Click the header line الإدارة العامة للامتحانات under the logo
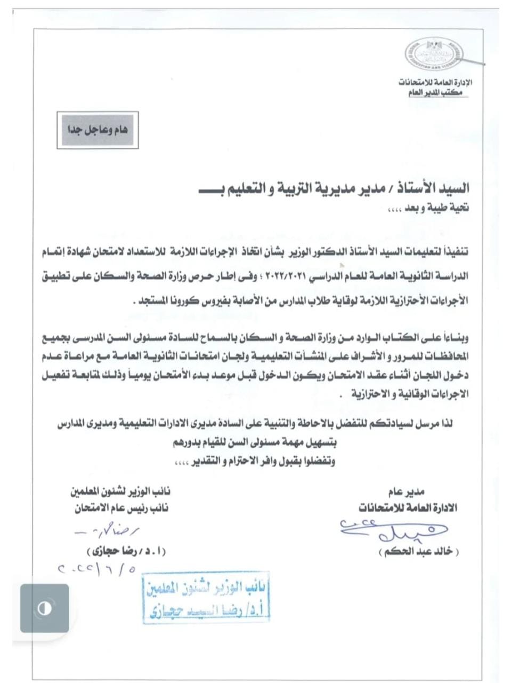point(435,83)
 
